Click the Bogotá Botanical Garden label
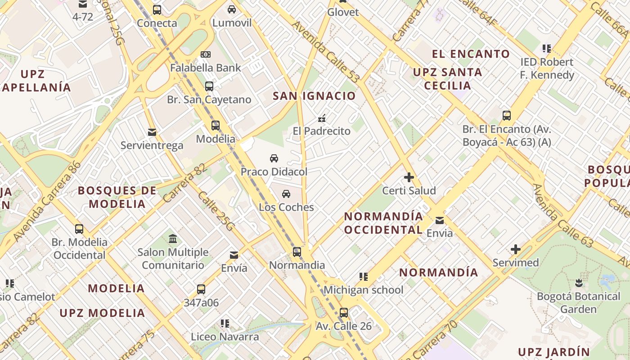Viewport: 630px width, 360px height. point(578,303)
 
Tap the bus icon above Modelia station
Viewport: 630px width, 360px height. point(216,126)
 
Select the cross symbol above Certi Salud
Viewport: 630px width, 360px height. point(409,177)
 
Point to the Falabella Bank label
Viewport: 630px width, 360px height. point(206,68)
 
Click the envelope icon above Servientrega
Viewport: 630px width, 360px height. point(152,132)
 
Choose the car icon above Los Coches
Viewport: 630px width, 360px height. point(286,194)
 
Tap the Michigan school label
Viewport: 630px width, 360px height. point(363,290)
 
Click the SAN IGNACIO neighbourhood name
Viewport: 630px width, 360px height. point(314,96)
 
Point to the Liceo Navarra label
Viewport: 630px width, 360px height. point(225,337)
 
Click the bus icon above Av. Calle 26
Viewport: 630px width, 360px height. point(344,312)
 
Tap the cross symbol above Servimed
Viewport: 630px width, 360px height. point(515,249)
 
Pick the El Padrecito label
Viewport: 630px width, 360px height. point(321,131)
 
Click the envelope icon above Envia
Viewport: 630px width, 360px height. point(439,220)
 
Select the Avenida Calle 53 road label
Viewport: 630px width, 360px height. point(326,52)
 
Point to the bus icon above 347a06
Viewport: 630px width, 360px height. point(201,289)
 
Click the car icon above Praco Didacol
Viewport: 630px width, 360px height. point(274,158)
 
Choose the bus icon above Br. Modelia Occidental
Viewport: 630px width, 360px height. point(79,229)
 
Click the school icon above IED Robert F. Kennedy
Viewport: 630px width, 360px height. point(547,49)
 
